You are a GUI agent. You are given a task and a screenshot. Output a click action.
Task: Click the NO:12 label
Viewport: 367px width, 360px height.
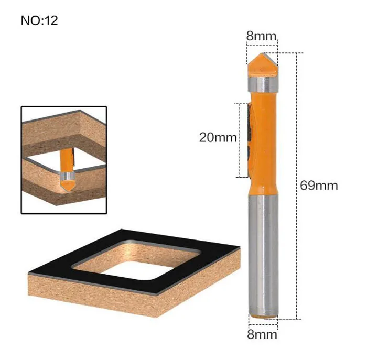tap(39, 20)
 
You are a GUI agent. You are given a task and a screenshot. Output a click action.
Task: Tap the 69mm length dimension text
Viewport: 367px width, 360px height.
tap(319, 186)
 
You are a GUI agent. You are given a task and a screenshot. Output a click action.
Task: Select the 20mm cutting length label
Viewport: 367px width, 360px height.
tap(218, 137)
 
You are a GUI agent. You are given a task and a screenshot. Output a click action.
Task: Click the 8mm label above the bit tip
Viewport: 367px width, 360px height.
tap(261, 36)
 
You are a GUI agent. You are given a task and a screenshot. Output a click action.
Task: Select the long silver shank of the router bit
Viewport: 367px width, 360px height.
tap(263, 255)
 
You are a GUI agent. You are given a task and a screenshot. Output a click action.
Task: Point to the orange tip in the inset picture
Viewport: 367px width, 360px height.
tap(68, 185)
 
